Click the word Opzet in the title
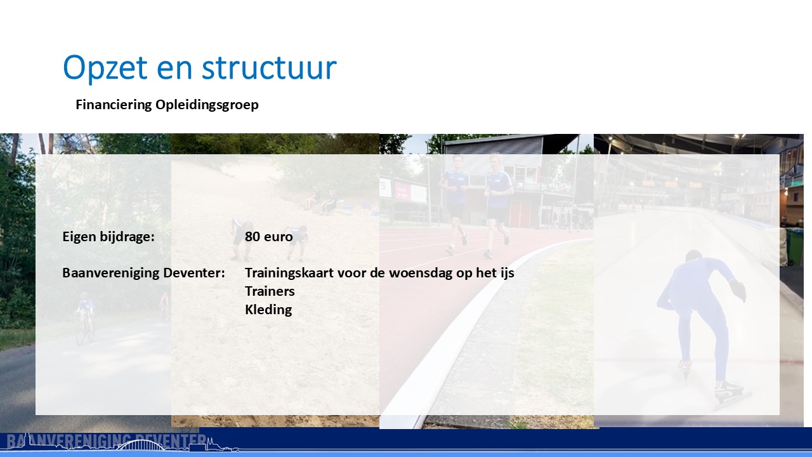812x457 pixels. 105,68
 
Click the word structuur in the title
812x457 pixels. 269,68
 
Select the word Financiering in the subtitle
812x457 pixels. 114,105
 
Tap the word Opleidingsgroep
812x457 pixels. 207,105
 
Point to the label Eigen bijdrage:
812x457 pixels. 108,237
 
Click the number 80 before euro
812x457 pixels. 252,237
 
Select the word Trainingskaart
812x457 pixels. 289,273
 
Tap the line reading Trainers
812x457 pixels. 270,291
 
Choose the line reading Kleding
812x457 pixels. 268,310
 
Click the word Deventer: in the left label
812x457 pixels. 194,273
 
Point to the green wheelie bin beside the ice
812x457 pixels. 795,247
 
